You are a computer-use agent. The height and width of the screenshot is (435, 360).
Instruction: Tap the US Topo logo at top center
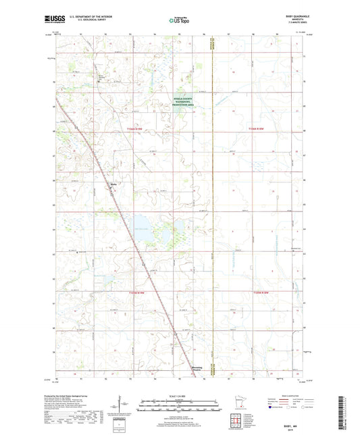(x=179, y=20)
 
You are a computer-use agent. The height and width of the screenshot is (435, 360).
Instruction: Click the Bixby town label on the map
(x=113, y=181)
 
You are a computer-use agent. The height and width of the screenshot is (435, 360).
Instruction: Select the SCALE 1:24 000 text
(x=180, y=396)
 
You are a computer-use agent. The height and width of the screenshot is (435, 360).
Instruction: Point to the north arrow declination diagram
(x=126, y=405)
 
